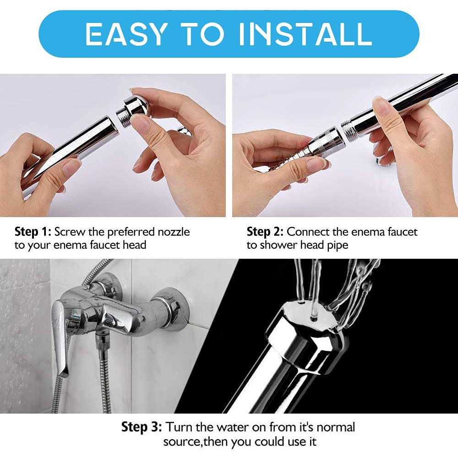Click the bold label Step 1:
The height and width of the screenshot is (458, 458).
[34, 231]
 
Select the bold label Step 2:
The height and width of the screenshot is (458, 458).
[265, 231]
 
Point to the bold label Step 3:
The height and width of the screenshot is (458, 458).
[141, 427]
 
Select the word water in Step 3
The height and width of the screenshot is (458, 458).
[234, 427]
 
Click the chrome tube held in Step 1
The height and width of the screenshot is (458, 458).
[69, 151]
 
